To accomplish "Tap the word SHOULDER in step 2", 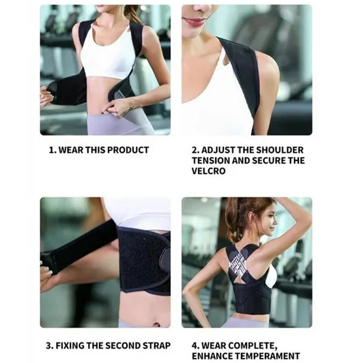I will click(280, 149).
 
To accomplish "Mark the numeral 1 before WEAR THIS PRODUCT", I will click(51, 149).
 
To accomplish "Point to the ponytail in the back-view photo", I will click(234, 219).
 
